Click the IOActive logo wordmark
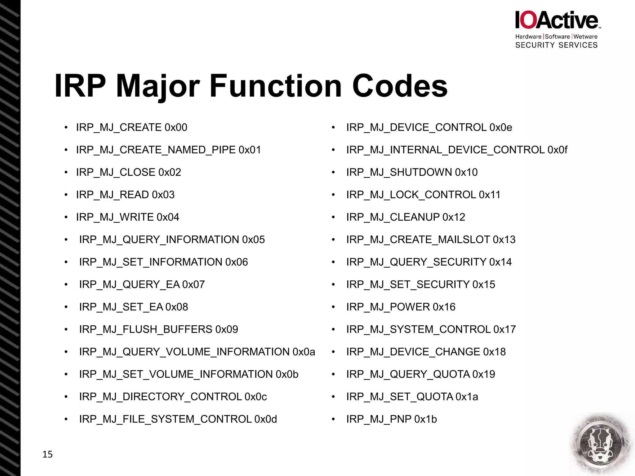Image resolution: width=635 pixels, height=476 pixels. (x=557, y=20)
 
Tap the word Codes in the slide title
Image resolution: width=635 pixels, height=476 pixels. (x=400, y=86)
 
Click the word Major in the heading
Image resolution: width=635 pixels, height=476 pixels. (x=158, y=86)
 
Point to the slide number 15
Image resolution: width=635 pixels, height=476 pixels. (x=47, y=454)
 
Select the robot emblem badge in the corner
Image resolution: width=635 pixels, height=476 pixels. (x=601, y=443)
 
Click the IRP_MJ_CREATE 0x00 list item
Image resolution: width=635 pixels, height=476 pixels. (x=131, y=127)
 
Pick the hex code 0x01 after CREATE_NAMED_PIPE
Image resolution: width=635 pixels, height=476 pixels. (x=250, y=150)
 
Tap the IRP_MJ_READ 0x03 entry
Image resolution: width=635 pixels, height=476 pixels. (x=125, y=195)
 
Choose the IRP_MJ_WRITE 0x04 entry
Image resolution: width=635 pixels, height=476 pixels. (x=127, y=217)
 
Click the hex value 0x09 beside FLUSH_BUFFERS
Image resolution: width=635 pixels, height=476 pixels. (x=227, y=329)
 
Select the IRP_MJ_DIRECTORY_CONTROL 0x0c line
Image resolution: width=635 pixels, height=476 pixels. (x=173, y=397)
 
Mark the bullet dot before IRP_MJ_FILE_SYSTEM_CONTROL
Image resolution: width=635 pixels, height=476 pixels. (x=66, y=419)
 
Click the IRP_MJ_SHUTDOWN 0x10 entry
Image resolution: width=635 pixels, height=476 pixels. (x=412, y=172)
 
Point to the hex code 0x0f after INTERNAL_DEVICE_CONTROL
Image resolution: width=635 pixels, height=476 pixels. (x=557, y=150)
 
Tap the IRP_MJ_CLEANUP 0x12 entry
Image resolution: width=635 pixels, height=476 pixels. (x=406, y=217)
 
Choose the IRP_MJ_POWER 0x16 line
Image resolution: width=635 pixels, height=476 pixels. (x=401, y=307)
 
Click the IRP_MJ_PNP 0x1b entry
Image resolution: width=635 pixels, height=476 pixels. (x=391, y=419)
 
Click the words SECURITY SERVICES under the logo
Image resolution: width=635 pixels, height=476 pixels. (x=556, y=45)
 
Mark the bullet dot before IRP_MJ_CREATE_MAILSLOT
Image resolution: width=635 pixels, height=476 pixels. (x=333, y=240)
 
